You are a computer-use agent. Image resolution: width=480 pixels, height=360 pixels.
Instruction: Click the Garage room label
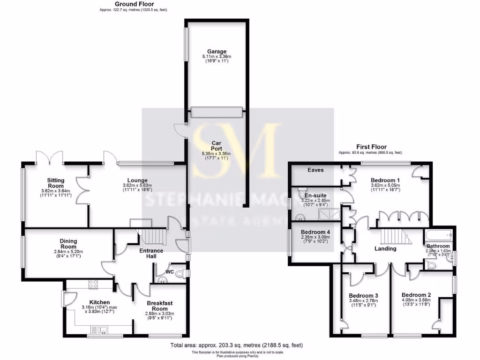coord(217,52)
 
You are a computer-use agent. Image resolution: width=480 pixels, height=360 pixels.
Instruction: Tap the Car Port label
coord(217,146)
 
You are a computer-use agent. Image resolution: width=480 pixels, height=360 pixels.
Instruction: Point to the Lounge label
coord(137,180)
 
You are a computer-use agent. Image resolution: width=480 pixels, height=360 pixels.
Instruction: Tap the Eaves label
coord(315,170)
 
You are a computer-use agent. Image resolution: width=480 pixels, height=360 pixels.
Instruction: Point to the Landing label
coord(386,248)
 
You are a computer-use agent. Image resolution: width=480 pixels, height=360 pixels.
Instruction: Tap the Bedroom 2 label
coord(416,295)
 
